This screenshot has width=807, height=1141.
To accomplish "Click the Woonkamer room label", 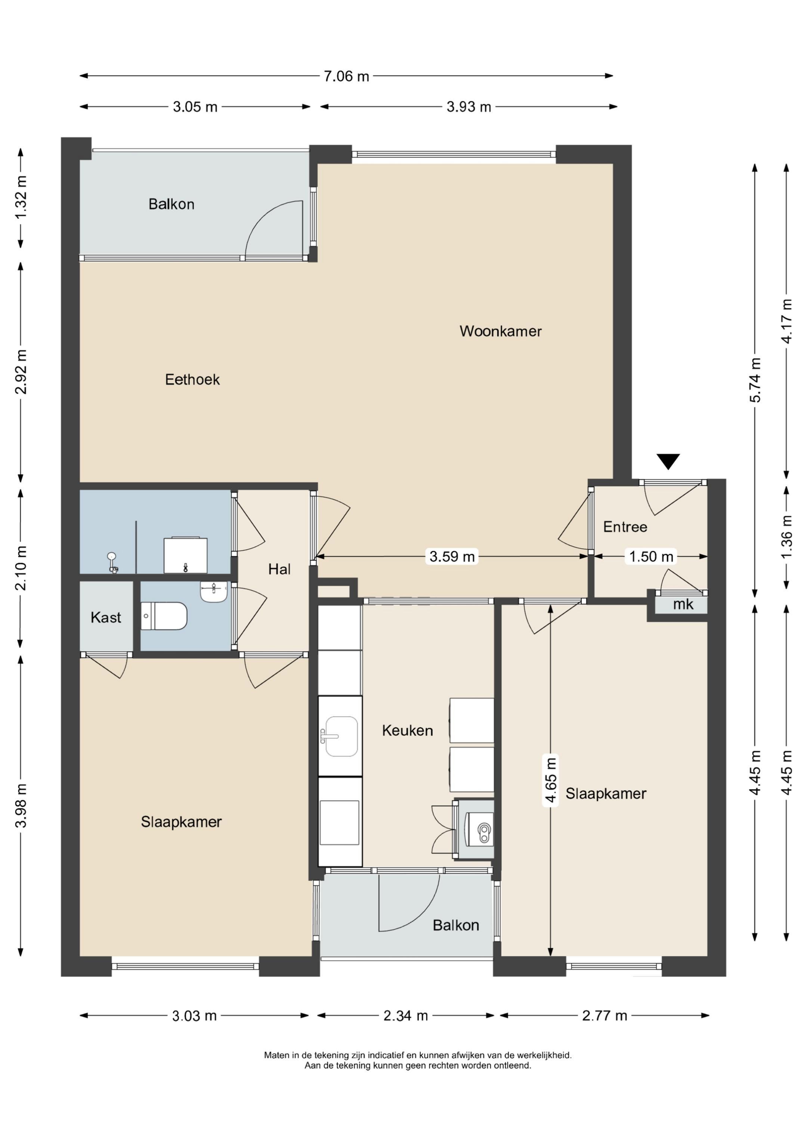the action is pos(500,331).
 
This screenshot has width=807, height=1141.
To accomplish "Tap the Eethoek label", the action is pos(192,380).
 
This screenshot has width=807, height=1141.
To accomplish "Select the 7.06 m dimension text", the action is pos(347,76).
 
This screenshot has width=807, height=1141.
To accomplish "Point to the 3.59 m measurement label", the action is pos(452,556).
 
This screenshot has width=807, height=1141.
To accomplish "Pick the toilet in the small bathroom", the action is pos(164,616).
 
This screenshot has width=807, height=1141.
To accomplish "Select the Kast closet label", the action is pos(106,617).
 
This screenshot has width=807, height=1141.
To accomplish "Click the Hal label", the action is pos(279,569).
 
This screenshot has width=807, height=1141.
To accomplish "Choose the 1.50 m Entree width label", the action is pos(651,556).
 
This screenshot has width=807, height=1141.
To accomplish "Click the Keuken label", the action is pos(407,731).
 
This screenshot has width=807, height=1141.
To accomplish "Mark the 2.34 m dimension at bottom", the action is pos(406,1016).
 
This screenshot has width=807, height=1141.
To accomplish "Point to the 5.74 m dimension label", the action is pos(755,380).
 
